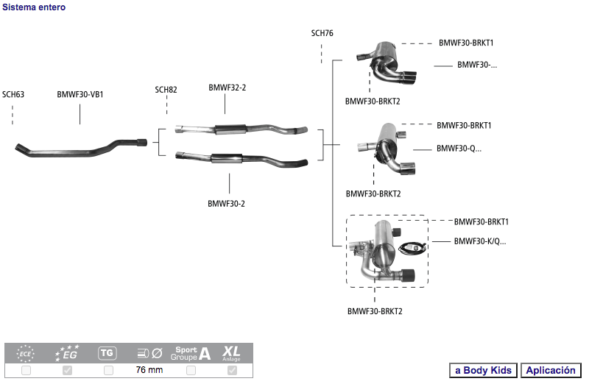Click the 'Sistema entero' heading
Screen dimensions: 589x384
34,7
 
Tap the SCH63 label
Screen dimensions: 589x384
13,94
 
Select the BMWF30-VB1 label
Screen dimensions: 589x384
80,94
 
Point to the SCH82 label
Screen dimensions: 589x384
166,90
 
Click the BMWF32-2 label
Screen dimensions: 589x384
228,88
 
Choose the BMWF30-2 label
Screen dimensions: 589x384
226,204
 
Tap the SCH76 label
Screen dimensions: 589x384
322,33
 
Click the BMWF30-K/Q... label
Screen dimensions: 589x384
480,241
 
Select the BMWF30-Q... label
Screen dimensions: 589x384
459,149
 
